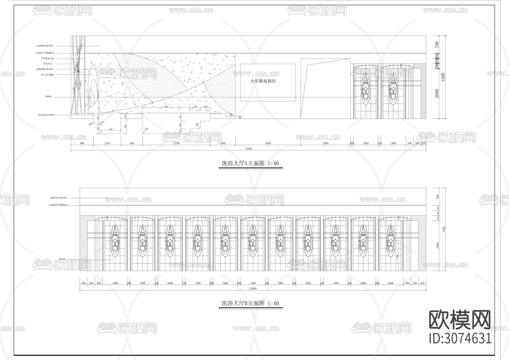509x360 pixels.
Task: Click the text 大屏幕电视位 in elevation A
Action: [x=263, y=81]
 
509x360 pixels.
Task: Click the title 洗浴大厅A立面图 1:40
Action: [x=250, y=163]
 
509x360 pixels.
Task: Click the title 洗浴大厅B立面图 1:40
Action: [x=250, y=303]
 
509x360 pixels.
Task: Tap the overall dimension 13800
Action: [x=253, y=288]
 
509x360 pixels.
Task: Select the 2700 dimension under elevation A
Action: [x=176, y=143]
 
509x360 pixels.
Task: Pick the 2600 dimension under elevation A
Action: [x=268, y=143]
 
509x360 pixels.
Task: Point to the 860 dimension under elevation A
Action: [x=131, y=143]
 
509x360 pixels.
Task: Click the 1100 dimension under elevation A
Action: [x=107, y=143]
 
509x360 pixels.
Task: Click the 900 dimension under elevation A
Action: [x=82, y=143]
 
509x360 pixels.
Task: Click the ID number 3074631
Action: [x=460, y=338]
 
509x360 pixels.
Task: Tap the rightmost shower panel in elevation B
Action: [x=391, y=241]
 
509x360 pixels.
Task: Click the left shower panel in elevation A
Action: [x=366, y=89]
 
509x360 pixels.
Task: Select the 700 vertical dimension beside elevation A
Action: [x=437, y=44]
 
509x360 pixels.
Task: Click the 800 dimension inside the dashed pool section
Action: [x=111, y=129]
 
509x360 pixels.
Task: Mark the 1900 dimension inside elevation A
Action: [x=166, y=107]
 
